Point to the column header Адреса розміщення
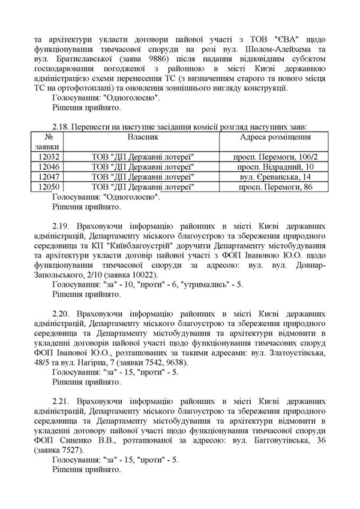tap(275, 137)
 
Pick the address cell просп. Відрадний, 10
tap(275, 167)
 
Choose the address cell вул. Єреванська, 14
tap(275, 178)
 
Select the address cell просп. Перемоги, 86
tap(275, 188)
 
